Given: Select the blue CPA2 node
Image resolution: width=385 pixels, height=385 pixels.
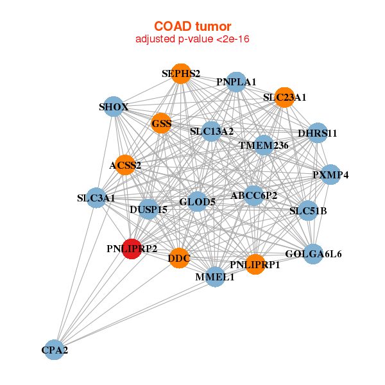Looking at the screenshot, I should [x=55, y=350].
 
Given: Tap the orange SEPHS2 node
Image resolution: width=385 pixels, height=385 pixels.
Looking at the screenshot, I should [x=181, y=74].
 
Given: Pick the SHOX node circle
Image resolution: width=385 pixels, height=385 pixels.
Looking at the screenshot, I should [x=114, y=106].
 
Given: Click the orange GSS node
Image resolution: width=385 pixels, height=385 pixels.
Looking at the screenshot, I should [x=161, y=123].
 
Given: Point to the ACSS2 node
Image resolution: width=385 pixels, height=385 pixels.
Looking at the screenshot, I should [x=125, y=165].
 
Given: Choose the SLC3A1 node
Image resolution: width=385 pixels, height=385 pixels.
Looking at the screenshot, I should [x=96, y=198].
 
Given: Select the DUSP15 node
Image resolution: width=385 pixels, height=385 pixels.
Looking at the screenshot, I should [x=148, y=209].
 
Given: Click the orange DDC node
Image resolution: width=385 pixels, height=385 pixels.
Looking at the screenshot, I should [x=179, y=259].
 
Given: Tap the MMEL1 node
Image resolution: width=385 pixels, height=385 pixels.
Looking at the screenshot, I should [x=215, y=277].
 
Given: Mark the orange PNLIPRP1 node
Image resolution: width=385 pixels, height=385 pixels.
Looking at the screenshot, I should [x=255, y=264].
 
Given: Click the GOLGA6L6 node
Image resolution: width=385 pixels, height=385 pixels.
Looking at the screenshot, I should [x=313, y=253].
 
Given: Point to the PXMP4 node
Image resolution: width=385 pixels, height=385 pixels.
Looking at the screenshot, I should [x=330, y=175].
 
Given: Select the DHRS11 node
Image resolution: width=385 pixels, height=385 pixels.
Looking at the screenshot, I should [x=318, y=133].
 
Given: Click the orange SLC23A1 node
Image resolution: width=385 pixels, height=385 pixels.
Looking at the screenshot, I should [x=284, y=98].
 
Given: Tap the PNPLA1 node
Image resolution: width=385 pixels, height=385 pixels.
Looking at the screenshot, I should [x=236, y=81].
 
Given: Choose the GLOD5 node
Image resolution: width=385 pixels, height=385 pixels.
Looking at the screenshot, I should [x=197, y=201].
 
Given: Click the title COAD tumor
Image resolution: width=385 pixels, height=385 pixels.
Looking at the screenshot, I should [x=192, y=26].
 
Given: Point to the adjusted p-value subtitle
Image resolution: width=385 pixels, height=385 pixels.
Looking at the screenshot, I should [x=192, y=39].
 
